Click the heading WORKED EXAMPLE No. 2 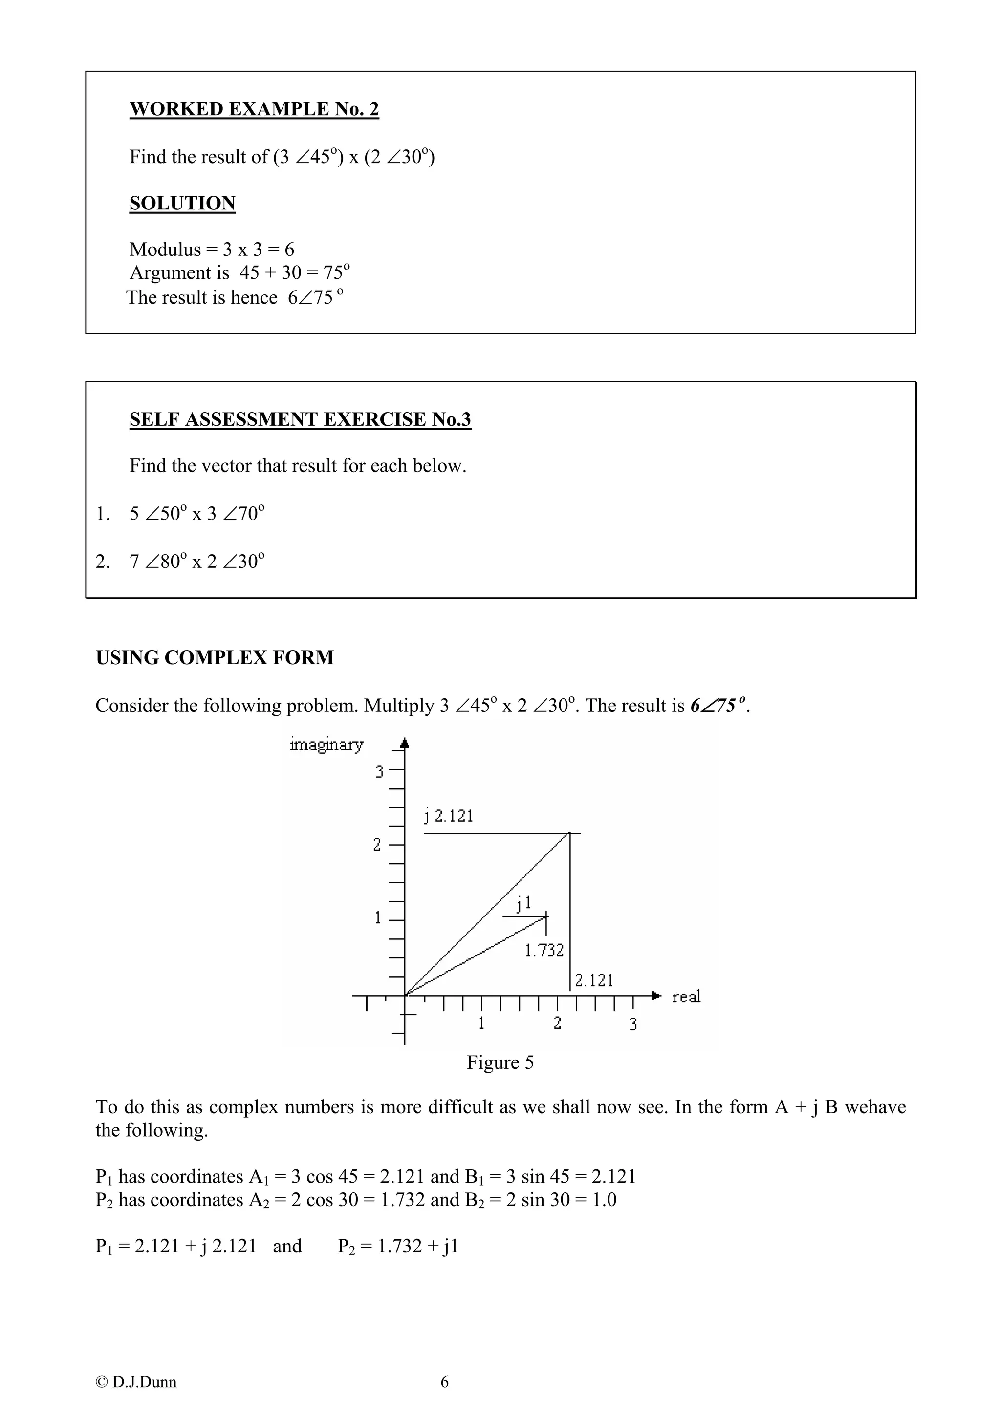click(x=254, y=109)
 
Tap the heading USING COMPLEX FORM click(x=214, y=658)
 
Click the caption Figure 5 click(x=500, y=1062)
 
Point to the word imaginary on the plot click(x=326, y=745)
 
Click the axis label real click(x=686, y=997)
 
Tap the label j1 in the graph click(x=523, y=903)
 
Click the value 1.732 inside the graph click(x=544, y=950)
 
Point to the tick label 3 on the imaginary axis click(x=379, y=771)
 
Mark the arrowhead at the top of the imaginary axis click(x=405, y=743)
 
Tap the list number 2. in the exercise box click(x=102, y=562)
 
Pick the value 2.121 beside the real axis click(x=594, y=980)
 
